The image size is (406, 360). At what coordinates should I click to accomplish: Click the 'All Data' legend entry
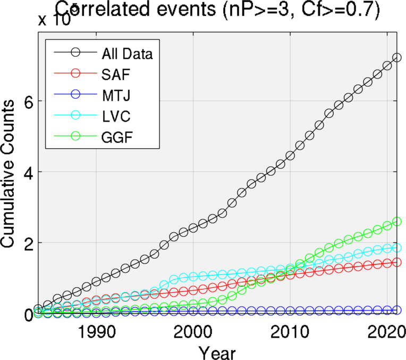pyautogui.click(x=127, y=53)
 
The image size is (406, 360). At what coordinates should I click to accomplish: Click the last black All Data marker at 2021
pyautogui.click(x=396, y=57)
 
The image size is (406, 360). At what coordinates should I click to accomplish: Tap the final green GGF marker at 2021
pyautogui.click(x=396, y=221)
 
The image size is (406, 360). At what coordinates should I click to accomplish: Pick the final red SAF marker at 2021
pyautogui.click(x=396, y=262)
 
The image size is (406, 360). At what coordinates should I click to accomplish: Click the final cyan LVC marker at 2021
pyautogui.click(x=396, y=247)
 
